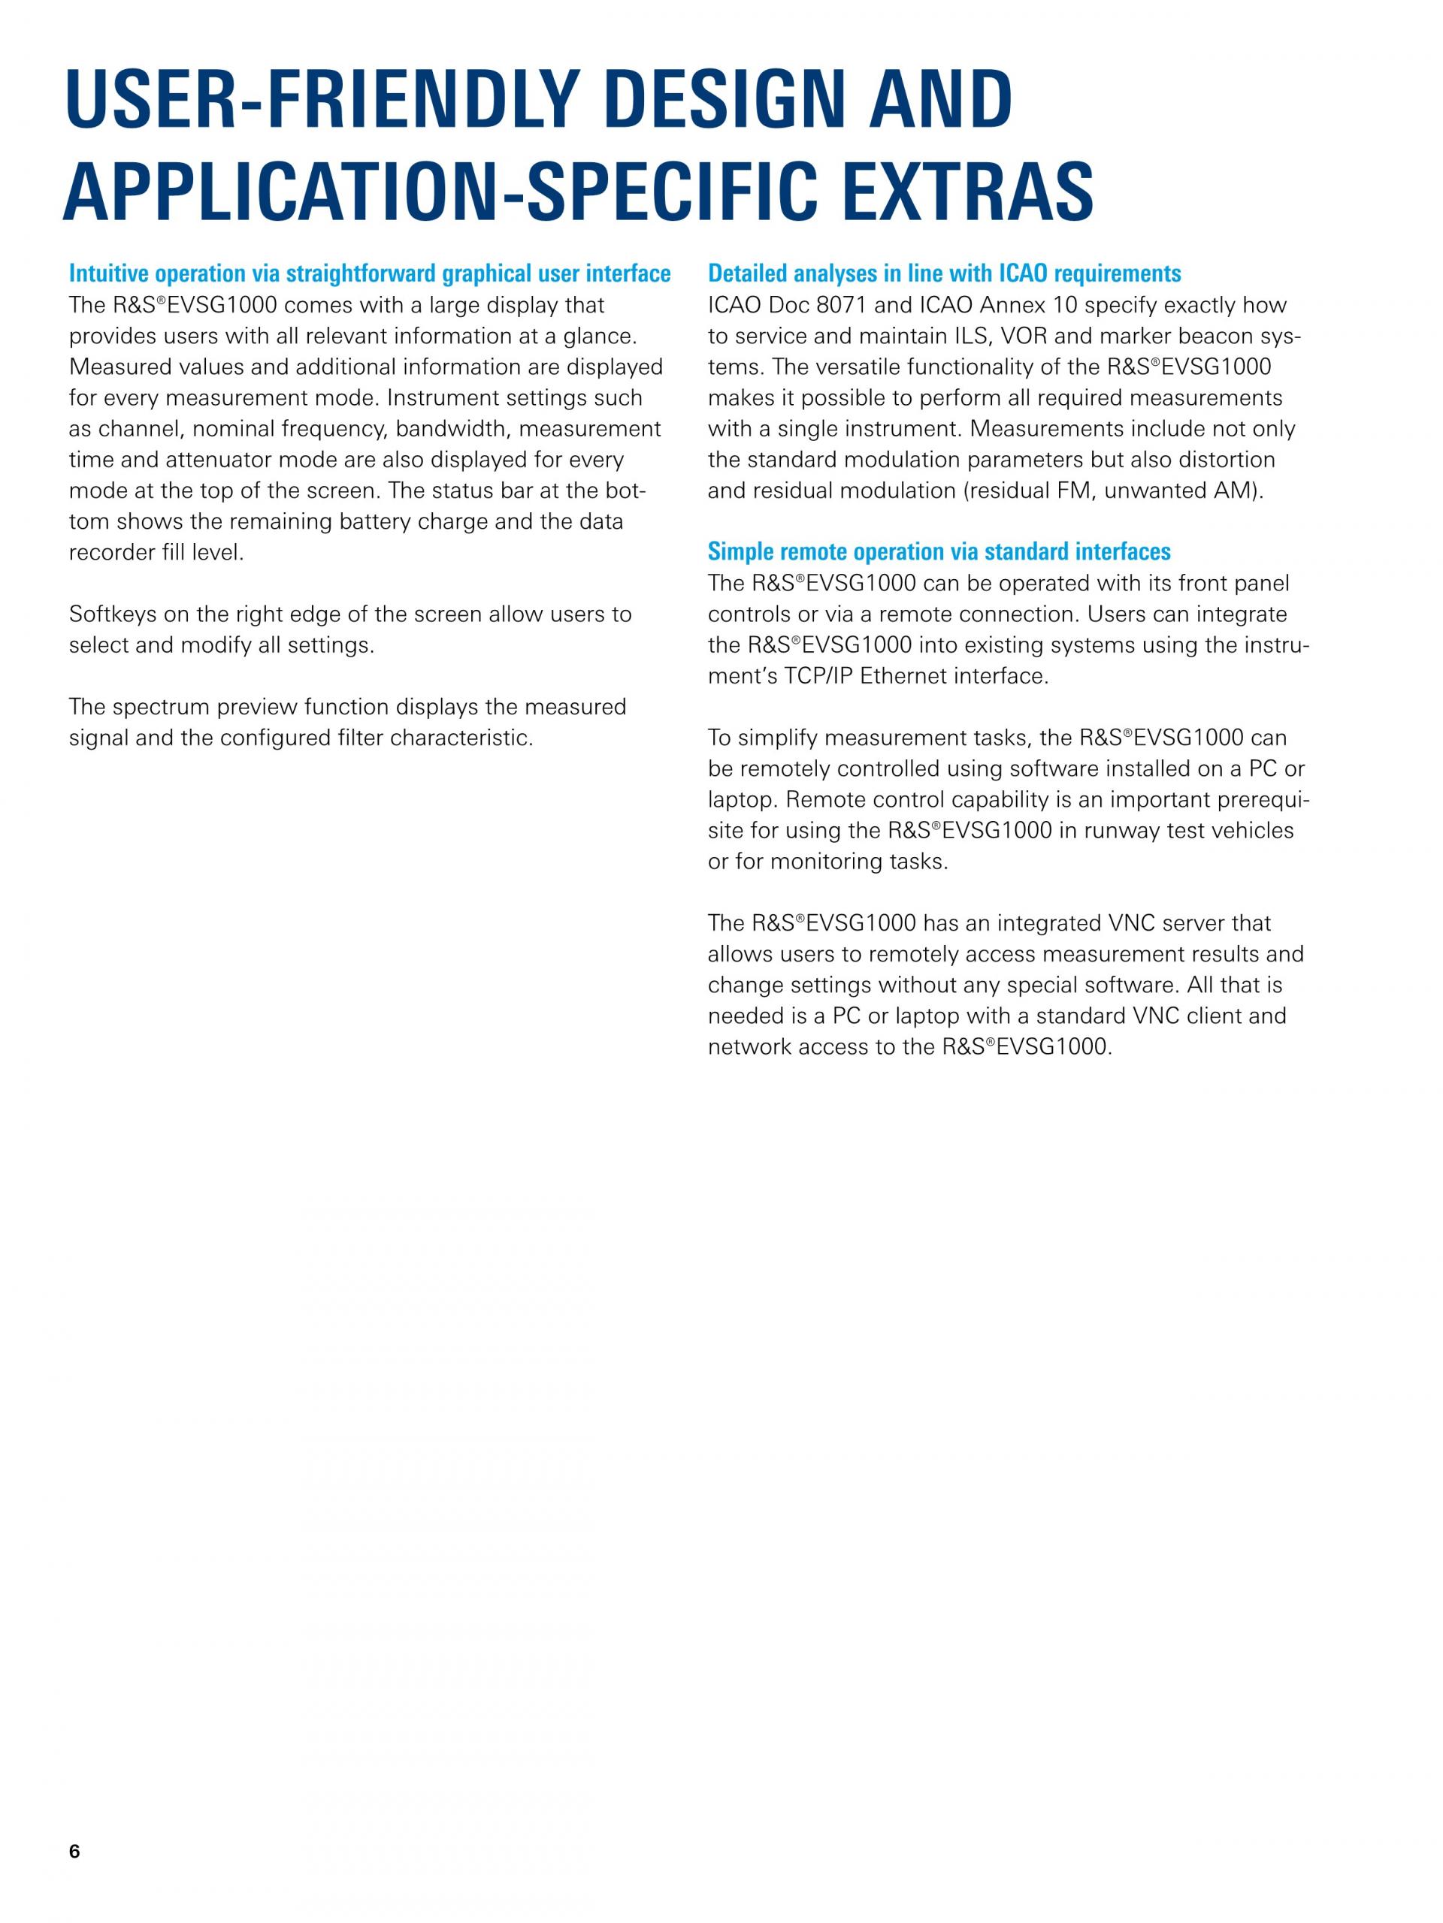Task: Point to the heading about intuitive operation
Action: click(x=370, y=274)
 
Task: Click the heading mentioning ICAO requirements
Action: click(x=944, y=274)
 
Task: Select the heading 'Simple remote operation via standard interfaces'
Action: click(x=939, y=552)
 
